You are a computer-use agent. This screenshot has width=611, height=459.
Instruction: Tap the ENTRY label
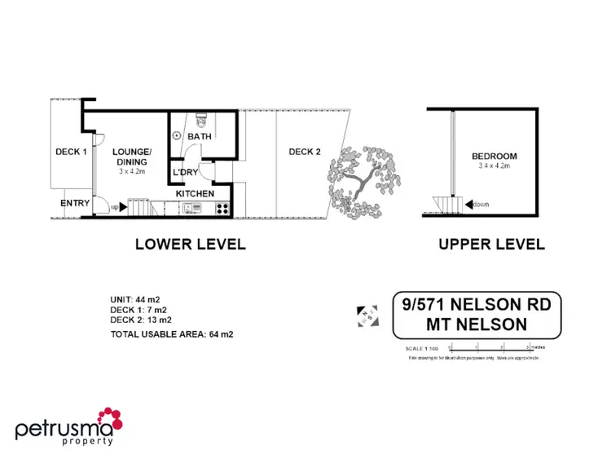click(75, 203)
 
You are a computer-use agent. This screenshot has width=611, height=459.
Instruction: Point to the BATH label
click(200, 136)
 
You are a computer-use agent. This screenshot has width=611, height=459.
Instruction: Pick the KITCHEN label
click(196, 194)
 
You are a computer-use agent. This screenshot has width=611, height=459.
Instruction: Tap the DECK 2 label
click(305, 152)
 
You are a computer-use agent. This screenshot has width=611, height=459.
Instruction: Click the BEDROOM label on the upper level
click(495, 157)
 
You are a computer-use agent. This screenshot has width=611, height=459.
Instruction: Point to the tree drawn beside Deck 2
click(364, 183)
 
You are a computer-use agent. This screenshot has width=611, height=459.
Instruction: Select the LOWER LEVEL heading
click(190, 244)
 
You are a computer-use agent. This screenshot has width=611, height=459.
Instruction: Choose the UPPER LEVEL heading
click(491, 244)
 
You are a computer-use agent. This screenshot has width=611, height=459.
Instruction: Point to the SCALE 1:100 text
click(421, 349)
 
